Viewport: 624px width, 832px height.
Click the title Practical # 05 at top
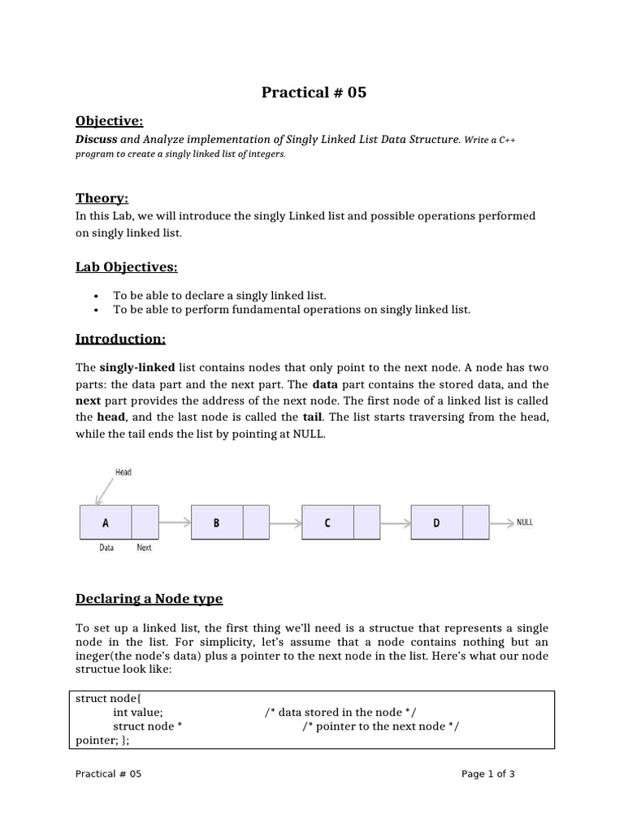click(x=314, y=93)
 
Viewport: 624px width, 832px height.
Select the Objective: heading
click(x=109, y=121)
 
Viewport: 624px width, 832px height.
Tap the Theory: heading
click(x=102, y=198)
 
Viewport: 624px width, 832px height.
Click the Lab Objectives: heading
click(x=126, y=267)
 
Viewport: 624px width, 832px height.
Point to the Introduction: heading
click(x=120, y=338)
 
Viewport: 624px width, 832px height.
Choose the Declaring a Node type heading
click(x=149, y=599)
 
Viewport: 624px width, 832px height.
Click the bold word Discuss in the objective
click(x=96, y=140)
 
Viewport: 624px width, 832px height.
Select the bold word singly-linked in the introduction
click(x=137, y=366)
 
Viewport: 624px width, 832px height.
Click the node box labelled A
click(x=106, y=522)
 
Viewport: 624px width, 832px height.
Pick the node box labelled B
click(x=216, y=522)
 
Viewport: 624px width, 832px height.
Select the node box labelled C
click(x=327, y=522)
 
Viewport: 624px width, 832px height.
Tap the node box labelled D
click(x=436, y=522)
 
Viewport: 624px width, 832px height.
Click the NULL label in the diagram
click(x=525, y=522)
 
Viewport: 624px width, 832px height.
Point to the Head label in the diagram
click(x=123, y=472)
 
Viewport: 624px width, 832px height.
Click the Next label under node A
click(x=144, y=548)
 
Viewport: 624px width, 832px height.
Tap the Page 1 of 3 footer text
click(x=487, y=774)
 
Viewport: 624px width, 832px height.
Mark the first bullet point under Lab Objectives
click(x=219, y=296)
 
